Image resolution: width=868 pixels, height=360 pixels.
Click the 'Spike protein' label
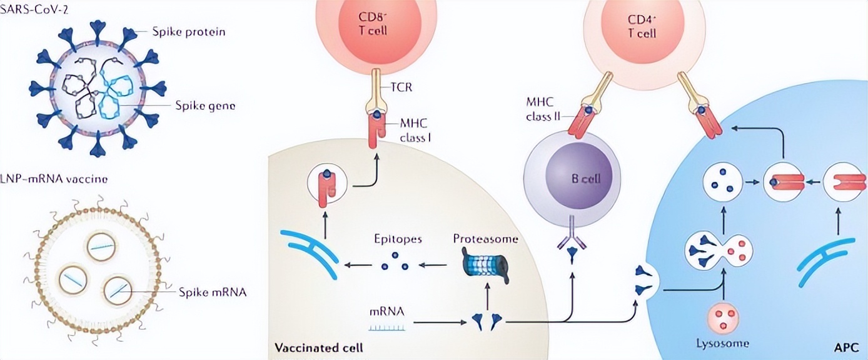tap(188, 32)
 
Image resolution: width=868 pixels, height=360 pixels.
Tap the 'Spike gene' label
tap(205, 105)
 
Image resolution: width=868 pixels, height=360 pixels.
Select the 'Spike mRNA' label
tap(213, 292)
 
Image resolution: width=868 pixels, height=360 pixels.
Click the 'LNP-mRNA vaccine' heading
tap(54, 179)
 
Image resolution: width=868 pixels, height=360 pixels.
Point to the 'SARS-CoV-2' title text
tap(34, 9)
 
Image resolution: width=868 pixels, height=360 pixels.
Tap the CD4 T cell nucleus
tap(642, 29)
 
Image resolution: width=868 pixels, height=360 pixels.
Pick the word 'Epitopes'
tap(398, 239)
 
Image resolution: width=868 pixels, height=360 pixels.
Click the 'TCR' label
tap(401, 87)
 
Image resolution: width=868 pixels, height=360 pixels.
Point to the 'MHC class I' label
tap(415, 131)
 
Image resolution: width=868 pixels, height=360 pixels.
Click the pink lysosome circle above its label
tap(723, 319)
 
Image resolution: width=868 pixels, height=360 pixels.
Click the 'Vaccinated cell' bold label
tap(319, 347)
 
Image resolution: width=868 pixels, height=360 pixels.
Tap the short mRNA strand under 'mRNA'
tap(386, 329)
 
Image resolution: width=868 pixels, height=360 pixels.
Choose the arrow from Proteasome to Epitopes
tap(433, 266)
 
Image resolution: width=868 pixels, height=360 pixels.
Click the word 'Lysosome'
tap(723, 343)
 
